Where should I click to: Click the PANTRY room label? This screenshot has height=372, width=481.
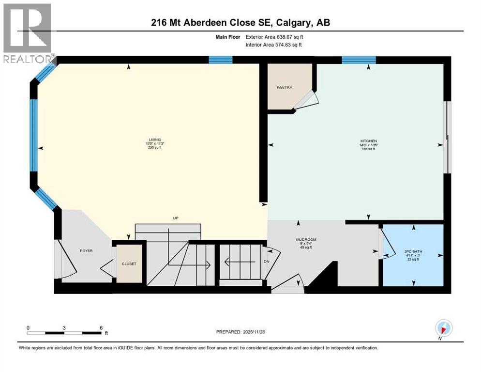point(285,88)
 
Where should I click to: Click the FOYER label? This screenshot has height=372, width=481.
point(86,250)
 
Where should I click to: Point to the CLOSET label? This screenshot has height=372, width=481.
point(129,264)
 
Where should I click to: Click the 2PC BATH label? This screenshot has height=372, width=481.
point(413,251)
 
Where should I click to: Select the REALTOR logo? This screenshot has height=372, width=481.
point(28,34)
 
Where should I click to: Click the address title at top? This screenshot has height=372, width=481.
point(240,22)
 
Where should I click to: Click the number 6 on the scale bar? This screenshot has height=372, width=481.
point(101,327)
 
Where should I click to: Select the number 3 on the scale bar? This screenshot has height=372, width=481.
point(64,327)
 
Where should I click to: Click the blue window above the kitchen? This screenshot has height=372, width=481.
point(359,60)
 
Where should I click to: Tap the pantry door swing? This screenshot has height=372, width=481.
point(307,100)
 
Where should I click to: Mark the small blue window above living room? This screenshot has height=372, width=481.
point(220,60)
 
